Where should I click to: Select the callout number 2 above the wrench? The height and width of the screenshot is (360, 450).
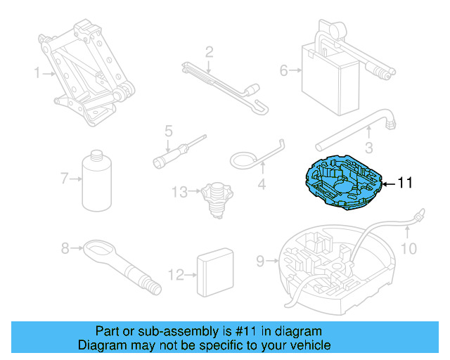pyautogui.click(x=209, y=51)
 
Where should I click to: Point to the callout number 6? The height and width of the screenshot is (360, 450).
pyautogui.click(x=284, y=70)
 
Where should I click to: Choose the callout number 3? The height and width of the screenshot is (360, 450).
pyautogui.click(x=368, y=148)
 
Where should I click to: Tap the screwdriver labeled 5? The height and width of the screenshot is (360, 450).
pyautogui.click(x=180, y=149)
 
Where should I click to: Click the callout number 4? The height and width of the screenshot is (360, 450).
pyautogui.click(x=262, y=186)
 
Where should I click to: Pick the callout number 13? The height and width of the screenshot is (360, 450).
pyautogui.click(x=179, y=191)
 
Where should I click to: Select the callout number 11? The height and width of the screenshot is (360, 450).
pyautogui.click(x=405, y=183)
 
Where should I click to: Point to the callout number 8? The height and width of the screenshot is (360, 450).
pyautogui.click(x=65, y=247)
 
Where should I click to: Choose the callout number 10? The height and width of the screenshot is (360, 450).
pyautogui.click(x=409, y=248)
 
